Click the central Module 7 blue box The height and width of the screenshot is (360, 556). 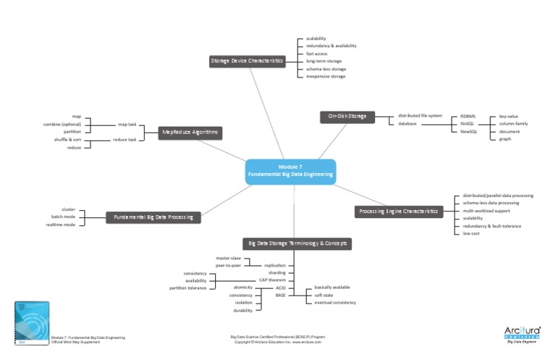point(290,171)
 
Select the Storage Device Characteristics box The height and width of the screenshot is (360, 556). point(246,61)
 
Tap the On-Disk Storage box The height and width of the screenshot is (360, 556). point(347,116)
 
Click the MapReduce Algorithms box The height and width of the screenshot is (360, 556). point(190,133)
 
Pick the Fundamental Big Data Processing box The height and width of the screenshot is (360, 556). point(153,217)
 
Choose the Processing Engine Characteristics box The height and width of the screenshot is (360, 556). point(398,212)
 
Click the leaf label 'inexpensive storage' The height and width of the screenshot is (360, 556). point(326,76)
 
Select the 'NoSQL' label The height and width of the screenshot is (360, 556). point(467,124)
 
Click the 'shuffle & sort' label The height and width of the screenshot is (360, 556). point(67,139)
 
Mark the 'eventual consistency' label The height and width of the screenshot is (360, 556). point(334,302)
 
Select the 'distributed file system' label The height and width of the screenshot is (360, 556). point(420,116)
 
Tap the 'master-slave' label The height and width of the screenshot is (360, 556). point(228,258)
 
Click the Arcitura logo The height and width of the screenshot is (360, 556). point(522,334)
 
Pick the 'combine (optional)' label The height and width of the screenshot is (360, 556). point(62,124)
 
